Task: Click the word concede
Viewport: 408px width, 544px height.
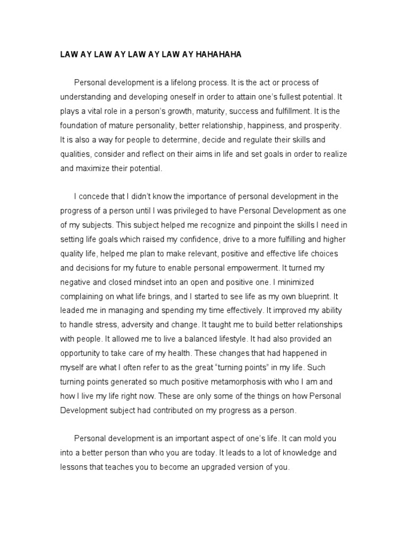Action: [95, 196]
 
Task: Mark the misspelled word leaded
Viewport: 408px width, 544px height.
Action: [73, 310]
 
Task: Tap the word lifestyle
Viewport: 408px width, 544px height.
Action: [225, 338]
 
